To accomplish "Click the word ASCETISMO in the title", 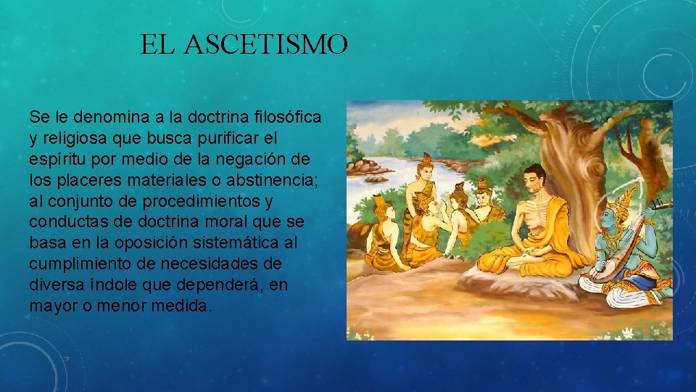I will [266, 45].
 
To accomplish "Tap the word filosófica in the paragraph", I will [288, 117].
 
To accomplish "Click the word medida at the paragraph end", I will [186, 306].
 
